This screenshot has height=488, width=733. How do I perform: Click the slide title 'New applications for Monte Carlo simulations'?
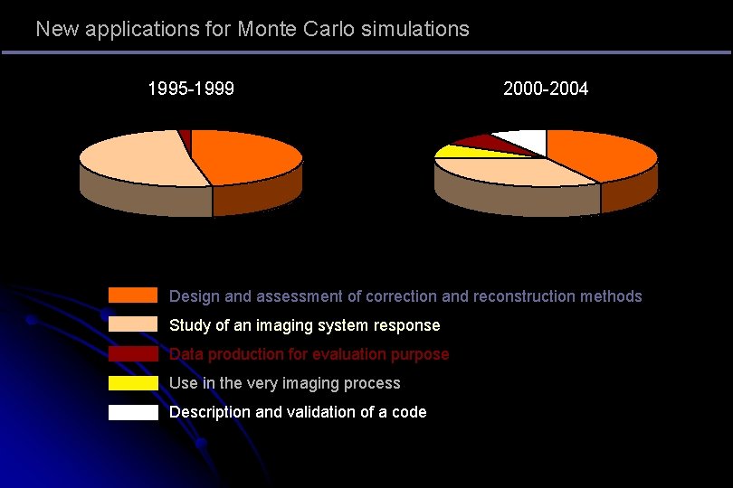click(x=252, y=29)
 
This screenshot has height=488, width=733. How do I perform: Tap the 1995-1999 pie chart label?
click(x=191, y=89)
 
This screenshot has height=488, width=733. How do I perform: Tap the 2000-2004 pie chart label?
click(x=546, y=89)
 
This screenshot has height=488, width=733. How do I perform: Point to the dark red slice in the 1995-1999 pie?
click(x=186, y=136)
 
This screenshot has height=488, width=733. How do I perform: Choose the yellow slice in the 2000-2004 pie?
click(x=452, y=151)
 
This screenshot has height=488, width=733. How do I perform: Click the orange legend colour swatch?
click(x=133, y=296)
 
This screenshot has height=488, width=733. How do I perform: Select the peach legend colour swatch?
click(x=133, y=324)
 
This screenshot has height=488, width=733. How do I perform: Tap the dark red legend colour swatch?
click(x=133, y=353)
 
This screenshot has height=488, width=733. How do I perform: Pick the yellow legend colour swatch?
click(x=133, y=383)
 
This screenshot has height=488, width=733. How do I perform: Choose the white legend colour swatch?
click(x=133, y=412)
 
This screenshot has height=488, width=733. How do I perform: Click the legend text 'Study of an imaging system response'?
click(x=304, y=325)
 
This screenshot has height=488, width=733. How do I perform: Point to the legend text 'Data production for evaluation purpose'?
click(x=309, y=354)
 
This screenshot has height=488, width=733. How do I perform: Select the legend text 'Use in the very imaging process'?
click(x=284, y=383)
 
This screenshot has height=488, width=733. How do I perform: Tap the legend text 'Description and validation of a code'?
click(x=298, y=412)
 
